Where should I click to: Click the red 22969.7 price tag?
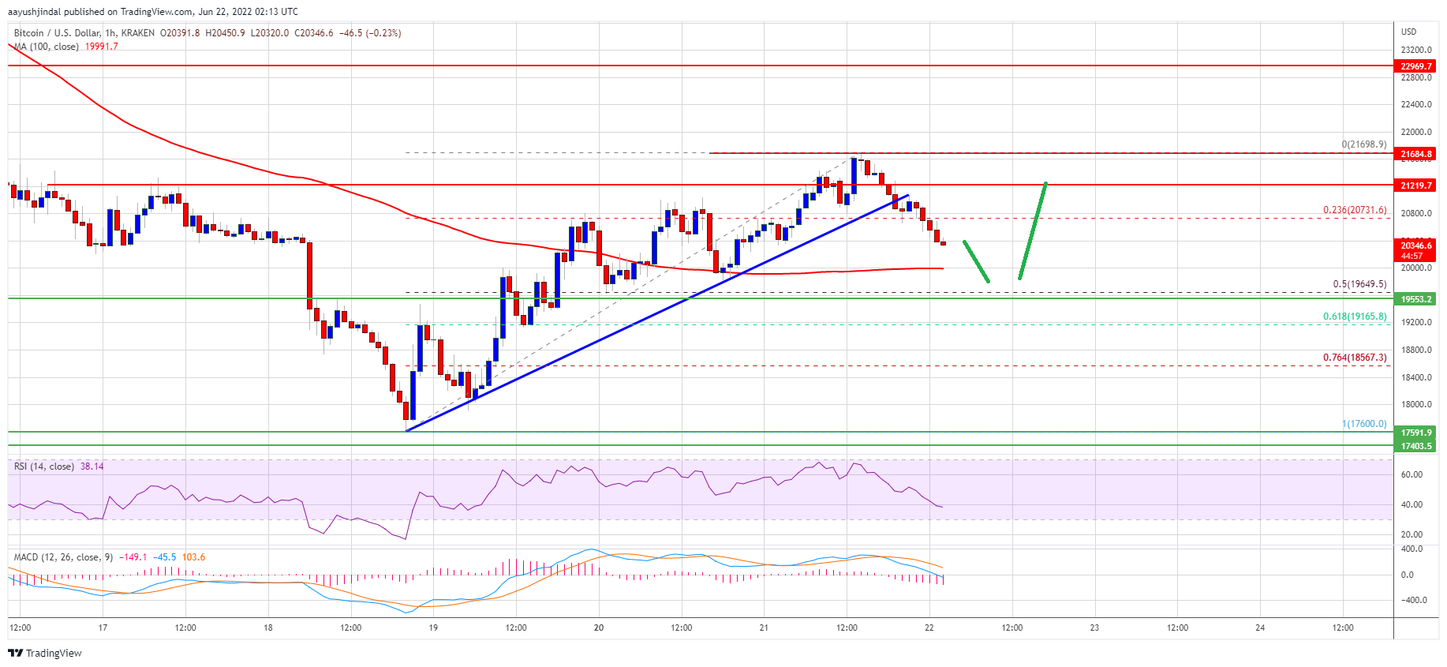coord(1415,66)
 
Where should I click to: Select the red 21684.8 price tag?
coord(1415,154)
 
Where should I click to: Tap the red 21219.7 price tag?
coord(1415,185)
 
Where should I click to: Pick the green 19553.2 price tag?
coord(1415,299)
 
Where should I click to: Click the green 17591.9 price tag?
coord(1415,433)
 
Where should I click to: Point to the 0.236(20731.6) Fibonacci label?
coord(1354,210)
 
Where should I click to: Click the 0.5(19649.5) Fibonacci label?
coord(1359,284)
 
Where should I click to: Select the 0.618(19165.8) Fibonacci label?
coord(1354,317)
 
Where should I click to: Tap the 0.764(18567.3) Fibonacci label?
coord(1354,358)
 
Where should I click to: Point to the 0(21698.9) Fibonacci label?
coord(1363,144)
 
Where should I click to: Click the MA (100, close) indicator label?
coord(47,47)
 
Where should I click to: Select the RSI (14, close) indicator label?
coord(44,467)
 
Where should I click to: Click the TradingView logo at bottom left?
coord(45,653)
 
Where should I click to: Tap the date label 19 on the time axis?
coord(433,628)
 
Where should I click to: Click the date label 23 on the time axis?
coord(1094,628)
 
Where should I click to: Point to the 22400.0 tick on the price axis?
coord(1415,104)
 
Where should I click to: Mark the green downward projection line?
coord(976,261)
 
